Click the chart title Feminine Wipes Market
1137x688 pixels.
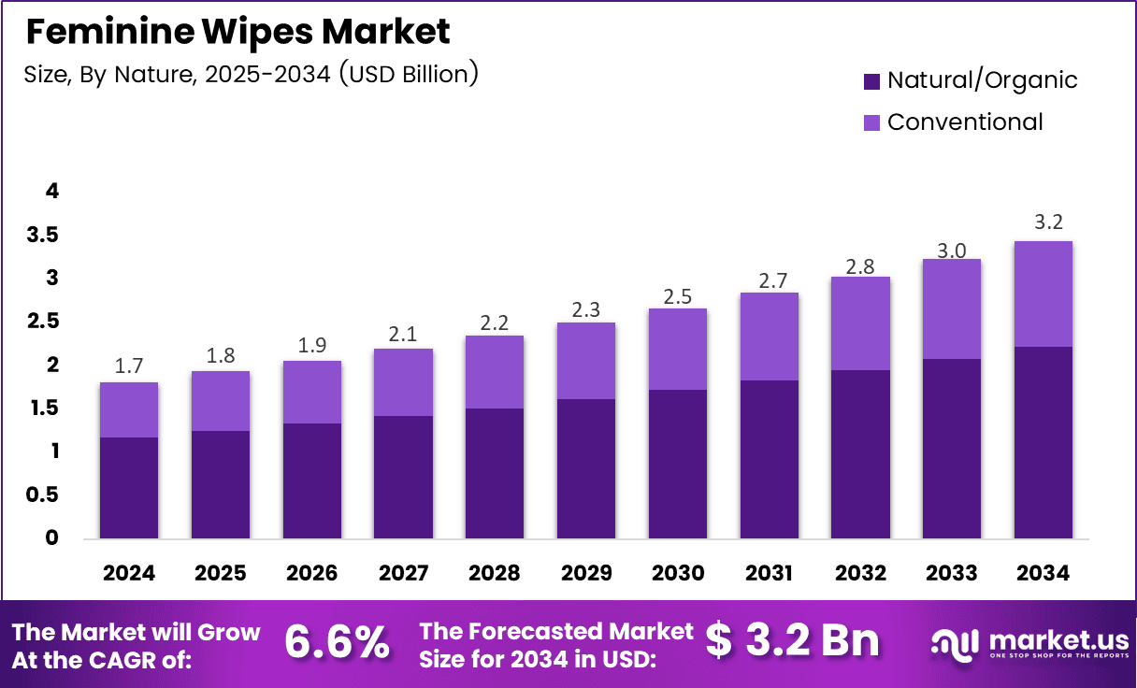(237, 32)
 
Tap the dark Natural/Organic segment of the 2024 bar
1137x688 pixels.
(129, 488)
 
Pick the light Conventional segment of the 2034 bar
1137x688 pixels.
(1043, 294)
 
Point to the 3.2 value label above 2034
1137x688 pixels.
(1043, 222)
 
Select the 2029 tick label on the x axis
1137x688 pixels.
(586, 573)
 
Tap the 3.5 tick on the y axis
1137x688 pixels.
(43, 235)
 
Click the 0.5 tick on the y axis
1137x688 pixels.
(43, 494)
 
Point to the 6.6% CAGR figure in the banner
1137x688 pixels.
(337, 642)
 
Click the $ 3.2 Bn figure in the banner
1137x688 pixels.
(792, 641)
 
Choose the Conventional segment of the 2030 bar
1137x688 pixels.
(678, 349)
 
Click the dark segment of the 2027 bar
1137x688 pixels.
(403, 477)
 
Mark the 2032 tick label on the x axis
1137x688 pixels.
(861, 573)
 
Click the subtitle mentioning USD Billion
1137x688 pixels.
(251, 74)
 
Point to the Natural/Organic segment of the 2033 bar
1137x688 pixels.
(951, 449)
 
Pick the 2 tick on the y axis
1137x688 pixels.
(52, 365)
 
